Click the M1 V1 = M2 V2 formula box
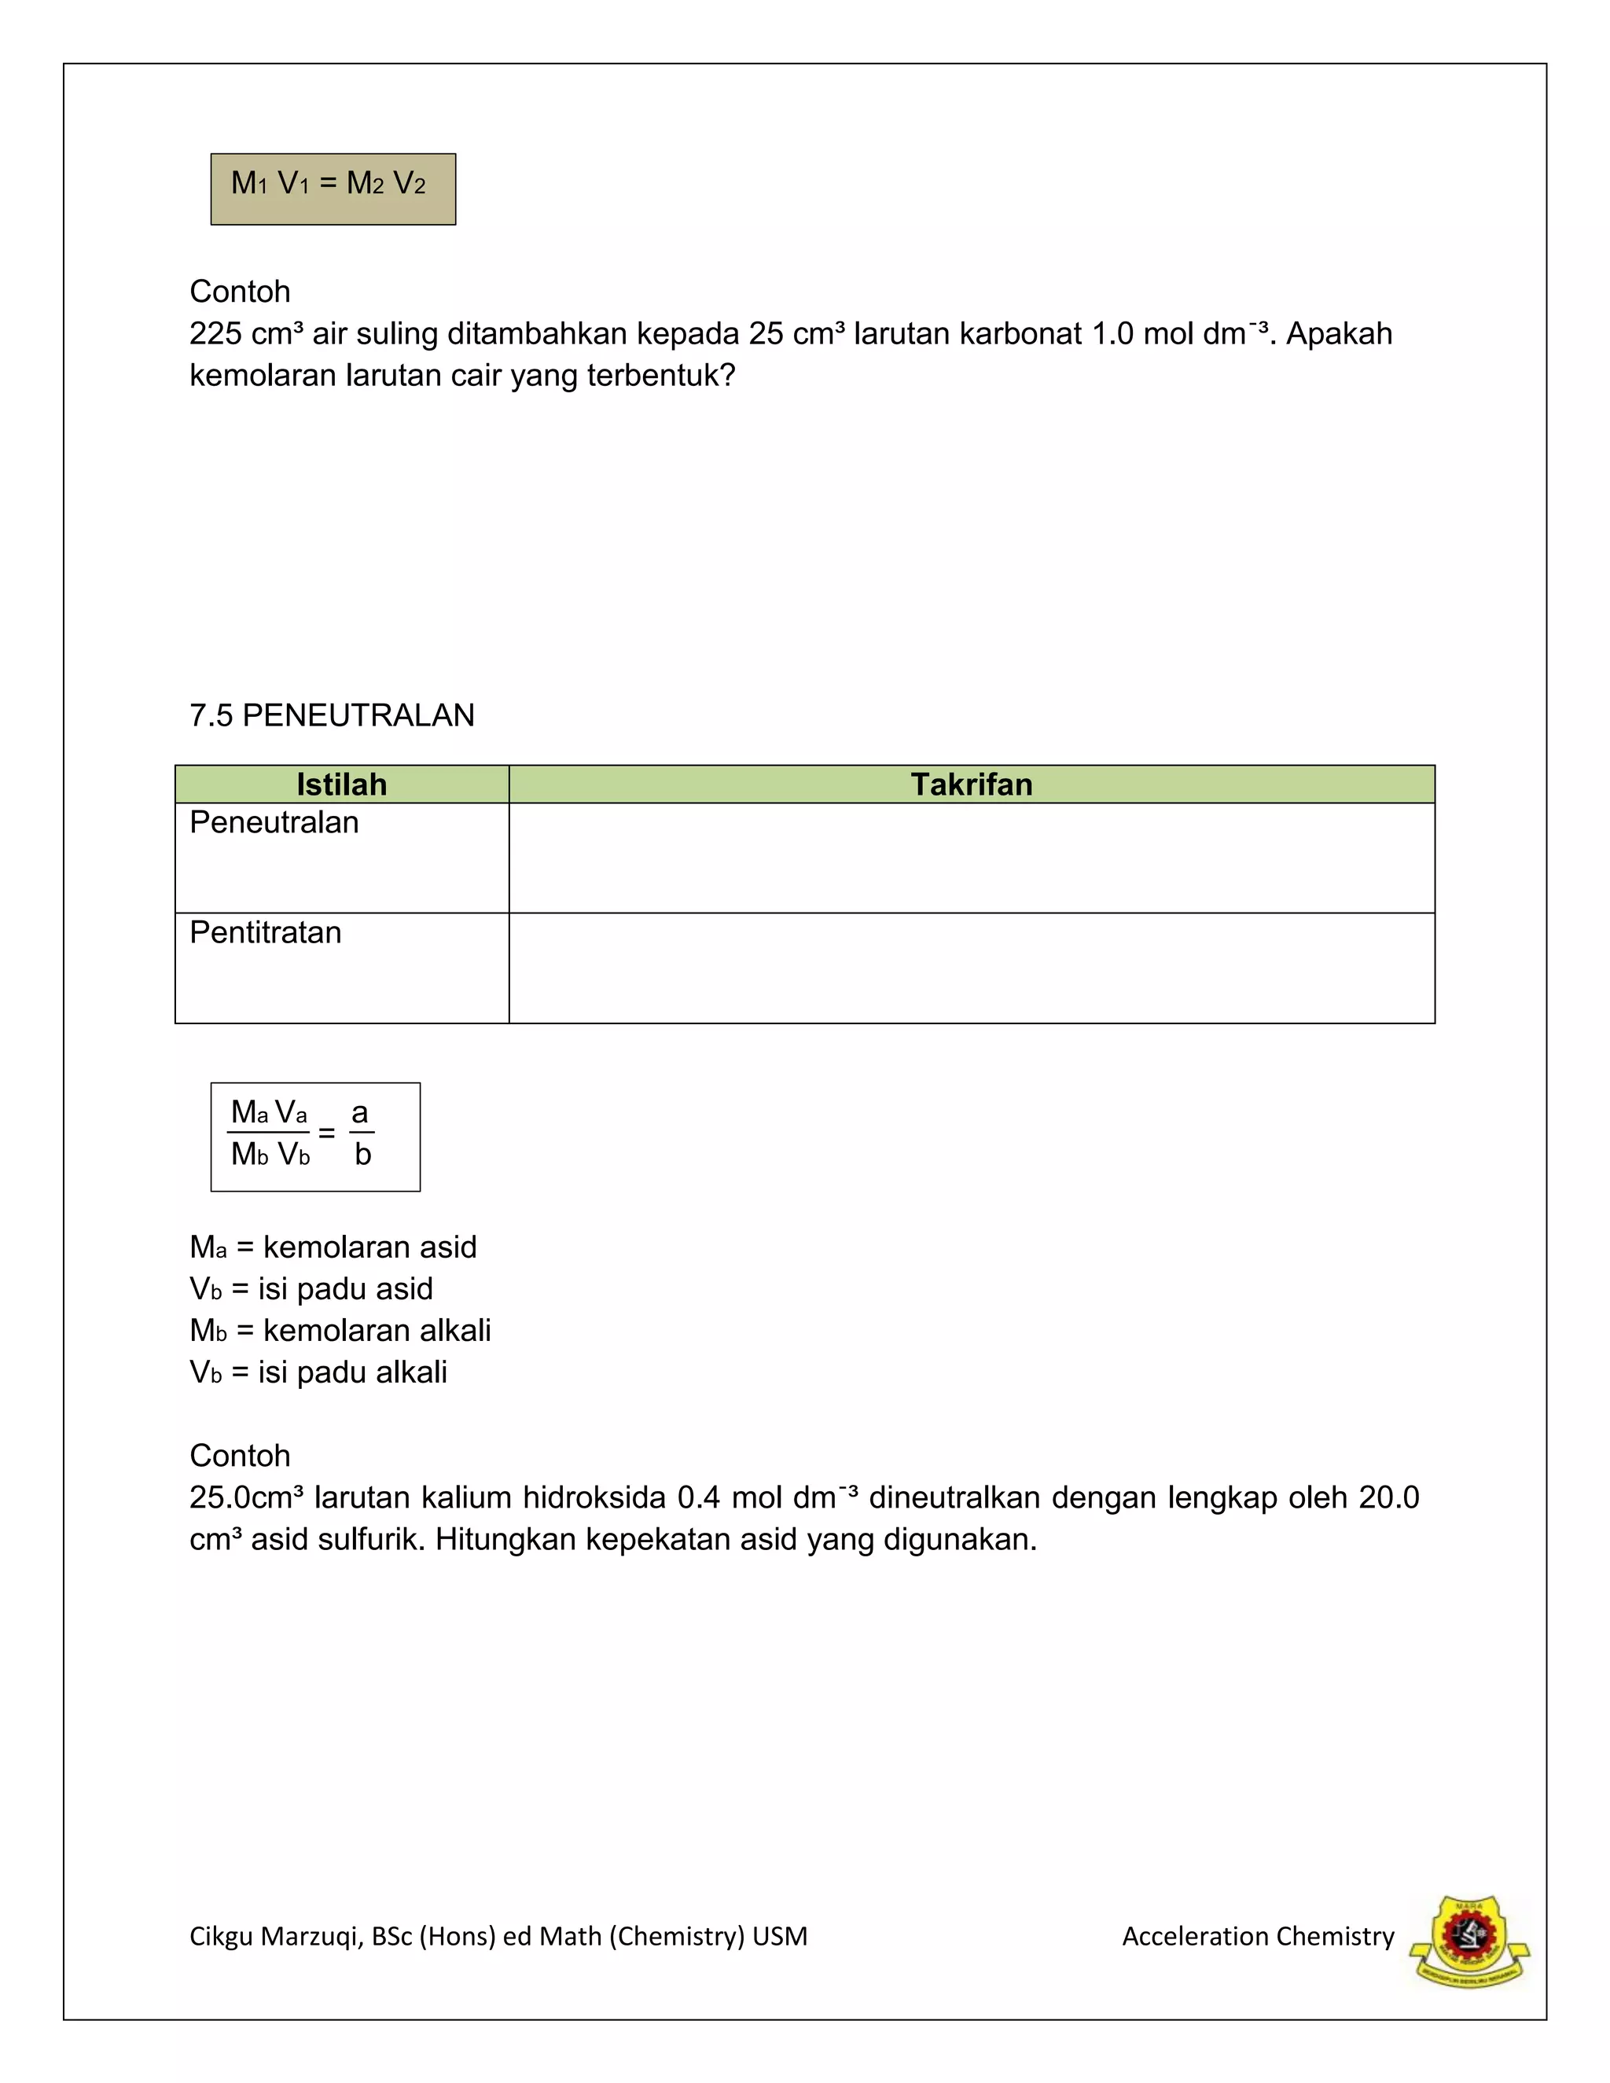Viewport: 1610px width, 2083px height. pyautogui.click(x=333, y=189)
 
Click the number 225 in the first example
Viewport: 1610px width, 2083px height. pyautogui.click(x=215, y=334)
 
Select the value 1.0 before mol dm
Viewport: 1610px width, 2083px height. pyautogui.click(x=1112, y=334)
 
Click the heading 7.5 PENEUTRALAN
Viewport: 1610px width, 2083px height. pyautogui.click(x=332, y=715)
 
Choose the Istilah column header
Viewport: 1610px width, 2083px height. pyautogui.click(x=341, y=784)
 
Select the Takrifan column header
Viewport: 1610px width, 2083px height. pyautogui.click(x=971, y=784)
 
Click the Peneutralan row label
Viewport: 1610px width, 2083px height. pyautogui.click(x=274, y=822)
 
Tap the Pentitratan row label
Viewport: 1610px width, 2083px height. pyautogui.click(x=265, y=931)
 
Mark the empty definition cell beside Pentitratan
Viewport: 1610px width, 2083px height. pyautogui.click(x=971, y=968)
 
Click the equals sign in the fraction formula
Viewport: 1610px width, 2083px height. pyautogui.click(x=327, y=1133)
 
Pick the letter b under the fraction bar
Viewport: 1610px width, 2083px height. pyautogui.click(x=362, y=1155)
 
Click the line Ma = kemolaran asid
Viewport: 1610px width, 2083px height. pyautogui.click(x=333, y=1247)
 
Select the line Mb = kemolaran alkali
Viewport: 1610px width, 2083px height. pyautogui.click(x=340, y=1331)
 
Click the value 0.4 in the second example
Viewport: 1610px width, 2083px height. pyautogui.click(x=698, y=1497)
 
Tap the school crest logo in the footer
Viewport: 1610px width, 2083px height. pyautogui.click(x=1470, y=1942)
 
